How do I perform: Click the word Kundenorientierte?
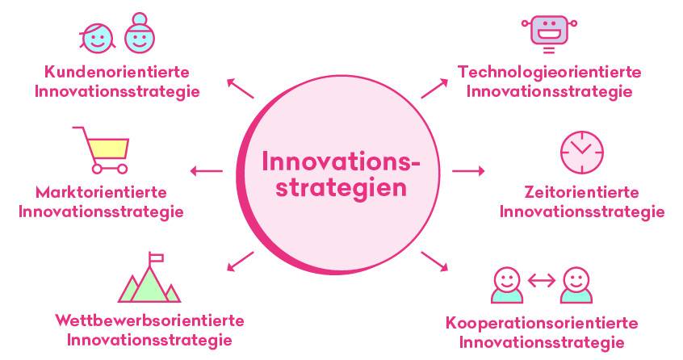click(117, 72)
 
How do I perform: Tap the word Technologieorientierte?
click(549, 72)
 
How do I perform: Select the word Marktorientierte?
click(101, 192)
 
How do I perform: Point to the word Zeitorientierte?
click(581, 192)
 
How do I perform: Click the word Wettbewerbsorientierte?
click(149, 320)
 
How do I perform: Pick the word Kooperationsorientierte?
click(542, 323)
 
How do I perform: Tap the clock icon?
click(582, 153)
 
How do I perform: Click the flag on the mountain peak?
click(156, 258)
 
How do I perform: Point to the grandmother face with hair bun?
click(140, 34)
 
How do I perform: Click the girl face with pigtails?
click(98, 38)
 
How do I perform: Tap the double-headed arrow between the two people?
click(542, 281)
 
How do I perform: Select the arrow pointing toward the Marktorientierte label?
click(207, 171)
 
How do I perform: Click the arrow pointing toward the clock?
click(468, 171)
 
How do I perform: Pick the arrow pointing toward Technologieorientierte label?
click(434, 88)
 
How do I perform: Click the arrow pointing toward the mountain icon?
click(241, 262)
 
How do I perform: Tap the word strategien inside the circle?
click(341, 189)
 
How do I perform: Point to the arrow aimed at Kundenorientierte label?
click(241, 88)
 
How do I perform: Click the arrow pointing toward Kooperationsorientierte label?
click(434, 262)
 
